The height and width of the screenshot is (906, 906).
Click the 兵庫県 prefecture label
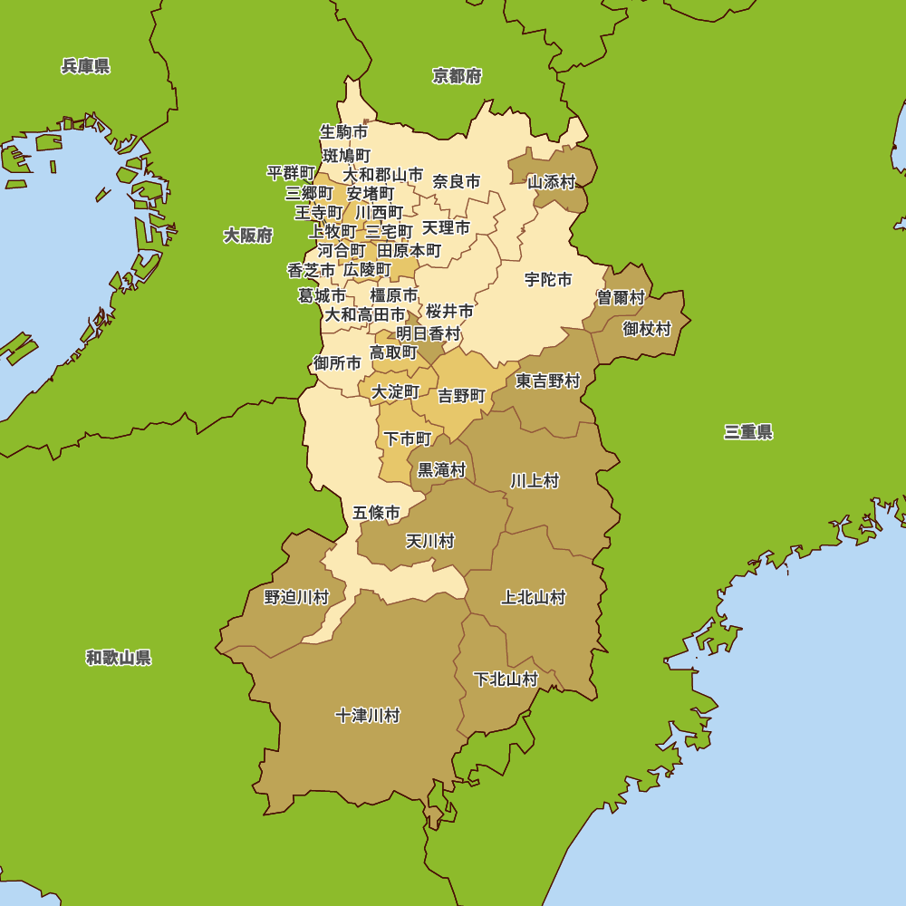(86, 66)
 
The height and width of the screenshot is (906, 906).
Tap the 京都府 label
(457, 76)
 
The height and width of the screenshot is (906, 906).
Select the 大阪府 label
(248, 236)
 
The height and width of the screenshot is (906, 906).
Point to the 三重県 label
(748, 432)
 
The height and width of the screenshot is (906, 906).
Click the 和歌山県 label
(119, 658)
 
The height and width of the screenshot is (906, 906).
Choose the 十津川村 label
(367, 716)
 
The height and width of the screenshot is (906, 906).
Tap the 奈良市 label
(457, 181)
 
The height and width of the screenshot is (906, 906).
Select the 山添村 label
(552, 182)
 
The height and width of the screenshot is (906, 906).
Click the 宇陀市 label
(548, 280)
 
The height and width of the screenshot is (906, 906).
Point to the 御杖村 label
(647, 329)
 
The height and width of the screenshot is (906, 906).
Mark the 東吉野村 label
(547, 381)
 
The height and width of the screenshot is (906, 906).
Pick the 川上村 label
(535, 481)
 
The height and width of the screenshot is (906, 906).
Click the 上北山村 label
(534, 598)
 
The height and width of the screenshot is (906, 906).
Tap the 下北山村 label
(506, 679)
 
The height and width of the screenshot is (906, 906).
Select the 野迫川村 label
(296, 598)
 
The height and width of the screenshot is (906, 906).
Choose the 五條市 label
(376, 513)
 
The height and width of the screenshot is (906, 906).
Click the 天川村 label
(429, 542)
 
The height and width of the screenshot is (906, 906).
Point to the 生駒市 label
(343, 131)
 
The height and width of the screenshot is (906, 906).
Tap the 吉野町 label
(462, 396)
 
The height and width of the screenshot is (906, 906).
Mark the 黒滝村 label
(441, 470)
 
